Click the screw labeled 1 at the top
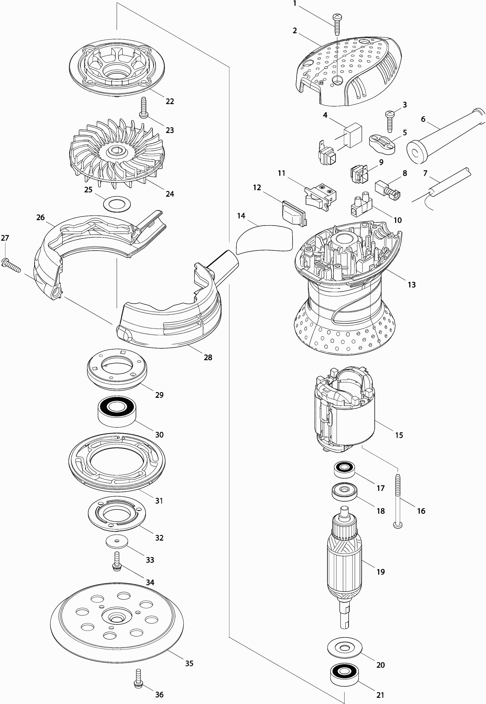pos(337,24)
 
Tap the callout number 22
pos(170,101)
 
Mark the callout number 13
pos(412,285)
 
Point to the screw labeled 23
pos(143,107)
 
